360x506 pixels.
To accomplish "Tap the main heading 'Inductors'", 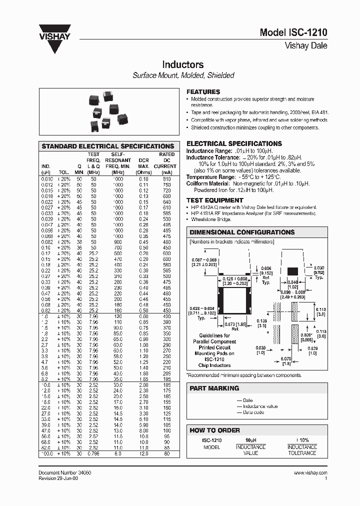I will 182,65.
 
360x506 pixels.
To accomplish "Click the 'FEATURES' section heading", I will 203,92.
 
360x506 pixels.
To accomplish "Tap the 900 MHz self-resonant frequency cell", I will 118,242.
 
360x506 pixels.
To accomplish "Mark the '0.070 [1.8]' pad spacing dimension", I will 285,361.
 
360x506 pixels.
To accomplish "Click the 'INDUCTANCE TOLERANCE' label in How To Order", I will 302,450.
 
